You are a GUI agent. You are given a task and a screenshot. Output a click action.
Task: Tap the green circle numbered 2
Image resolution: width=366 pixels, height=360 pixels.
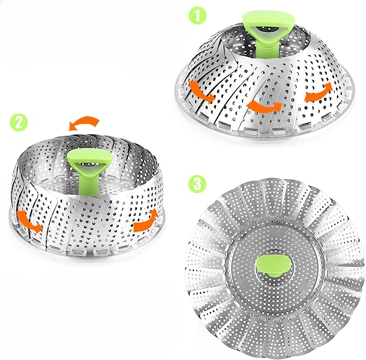19,122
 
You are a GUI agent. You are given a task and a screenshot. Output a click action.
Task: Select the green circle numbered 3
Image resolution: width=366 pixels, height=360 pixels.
197,183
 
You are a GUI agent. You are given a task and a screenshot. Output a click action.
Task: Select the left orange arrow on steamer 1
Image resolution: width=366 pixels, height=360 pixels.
201,91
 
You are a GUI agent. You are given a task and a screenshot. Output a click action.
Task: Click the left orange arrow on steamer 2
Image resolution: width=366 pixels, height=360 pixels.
29,221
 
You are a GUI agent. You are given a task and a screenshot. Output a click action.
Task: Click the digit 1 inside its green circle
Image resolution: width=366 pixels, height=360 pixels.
197,15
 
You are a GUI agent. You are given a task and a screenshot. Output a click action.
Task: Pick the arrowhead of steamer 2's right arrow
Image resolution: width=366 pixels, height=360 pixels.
154,213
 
